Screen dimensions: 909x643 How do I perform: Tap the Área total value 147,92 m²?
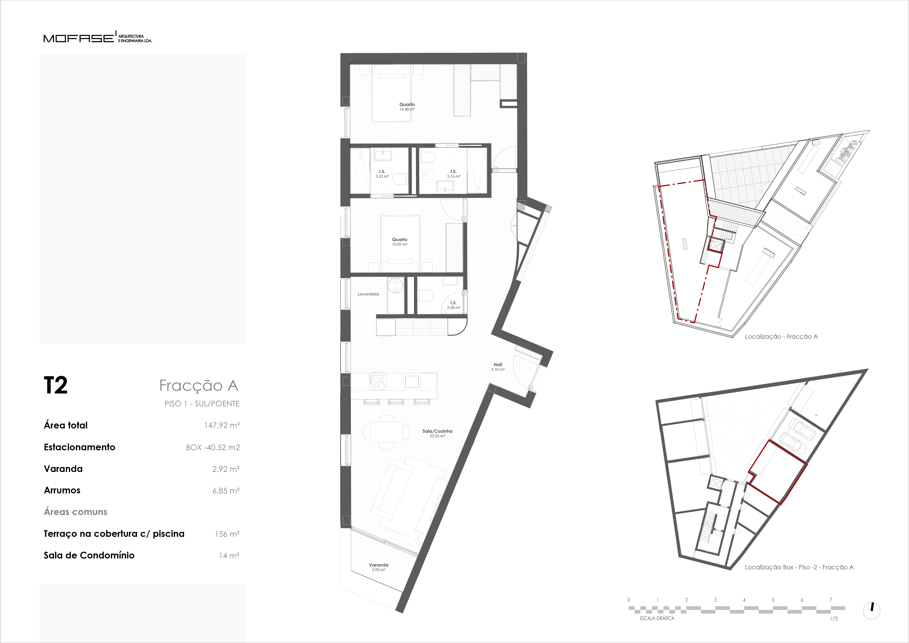222,425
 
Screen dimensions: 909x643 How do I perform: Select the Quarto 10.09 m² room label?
399,242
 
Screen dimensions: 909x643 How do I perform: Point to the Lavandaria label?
368,294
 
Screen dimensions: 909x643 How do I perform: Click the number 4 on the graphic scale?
744,600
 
